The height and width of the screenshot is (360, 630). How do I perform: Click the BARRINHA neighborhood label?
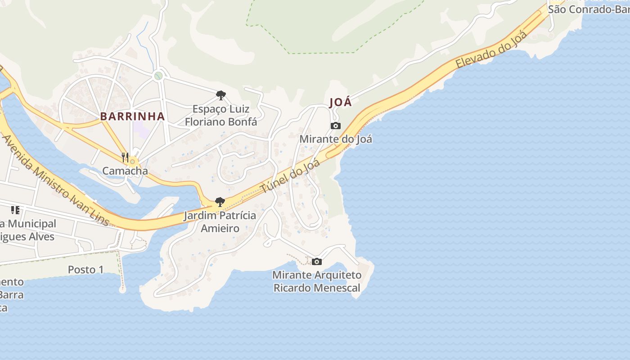click(x=132, y=116)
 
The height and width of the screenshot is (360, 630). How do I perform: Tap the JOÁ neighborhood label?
click(x=340, y=103)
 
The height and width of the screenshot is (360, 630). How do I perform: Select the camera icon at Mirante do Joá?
click(x=335, y=126)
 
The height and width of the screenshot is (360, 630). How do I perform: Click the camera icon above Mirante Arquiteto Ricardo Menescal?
click(x=317, y=261)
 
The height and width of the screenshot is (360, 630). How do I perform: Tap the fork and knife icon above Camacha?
click(x=125, y=157)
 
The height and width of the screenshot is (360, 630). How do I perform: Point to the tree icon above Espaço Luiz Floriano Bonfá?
click(x=220, y=95)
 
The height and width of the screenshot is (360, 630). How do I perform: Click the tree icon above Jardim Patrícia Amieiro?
click(x=220, y=202)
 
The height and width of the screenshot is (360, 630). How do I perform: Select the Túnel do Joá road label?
click(x=290, y=176)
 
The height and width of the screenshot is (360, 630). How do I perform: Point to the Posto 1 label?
click(x=85, y=270)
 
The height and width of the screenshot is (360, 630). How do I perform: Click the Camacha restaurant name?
click(x=125, y=171)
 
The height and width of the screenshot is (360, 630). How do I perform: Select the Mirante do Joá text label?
click(x=336, y=139)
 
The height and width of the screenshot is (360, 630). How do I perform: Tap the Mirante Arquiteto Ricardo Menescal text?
click(x=317, y=281)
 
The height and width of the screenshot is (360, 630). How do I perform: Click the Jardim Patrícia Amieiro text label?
click(x=220, y=222)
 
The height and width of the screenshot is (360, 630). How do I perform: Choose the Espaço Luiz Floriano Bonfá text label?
click(x=221, y=115)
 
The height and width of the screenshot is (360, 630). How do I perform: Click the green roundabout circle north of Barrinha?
click(x=158, y=76)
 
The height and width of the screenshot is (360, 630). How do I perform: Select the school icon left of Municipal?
click(x=15, y=210)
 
